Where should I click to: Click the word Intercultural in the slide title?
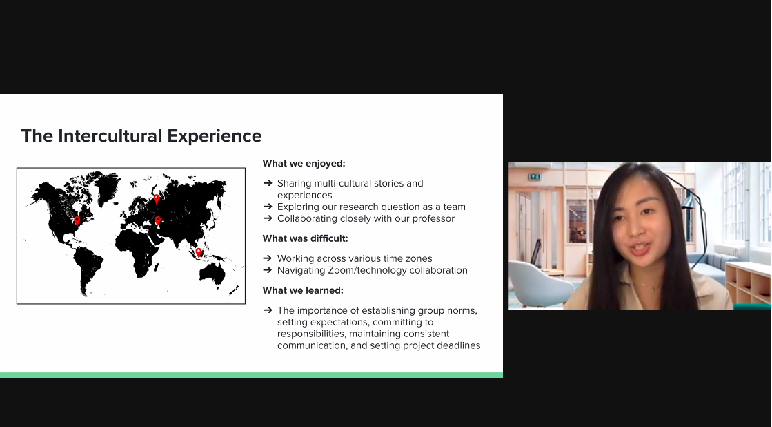[x=110, y=135]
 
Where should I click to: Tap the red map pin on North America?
[x=77, y=220]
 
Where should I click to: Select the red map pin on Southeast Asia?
[x=199, y=252]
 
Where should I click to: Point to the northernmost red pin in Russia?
[x=157, y=199]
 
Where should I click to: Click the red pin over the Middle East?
[x=157, y=221]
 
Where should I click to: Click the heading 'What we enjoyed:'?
[x=304, y=163]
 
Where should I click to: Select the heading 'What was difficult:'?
[x=305, y=238]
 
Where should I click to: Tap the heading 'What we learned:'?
[x=303, y=290]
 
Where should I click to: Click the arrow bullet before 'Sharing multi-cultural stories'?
[x=268, y=183]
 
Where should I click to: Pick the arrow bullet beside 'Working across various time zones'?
[x=268, y=258]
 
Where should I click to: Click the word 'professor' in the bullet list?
[x=433, y=219]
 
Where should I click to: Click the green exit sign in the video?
[x=535, y=176]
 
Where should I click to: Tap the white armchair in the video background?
[x=538, y=283]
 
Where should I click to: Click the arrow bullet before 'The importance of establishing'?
[x=268, y=310]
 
